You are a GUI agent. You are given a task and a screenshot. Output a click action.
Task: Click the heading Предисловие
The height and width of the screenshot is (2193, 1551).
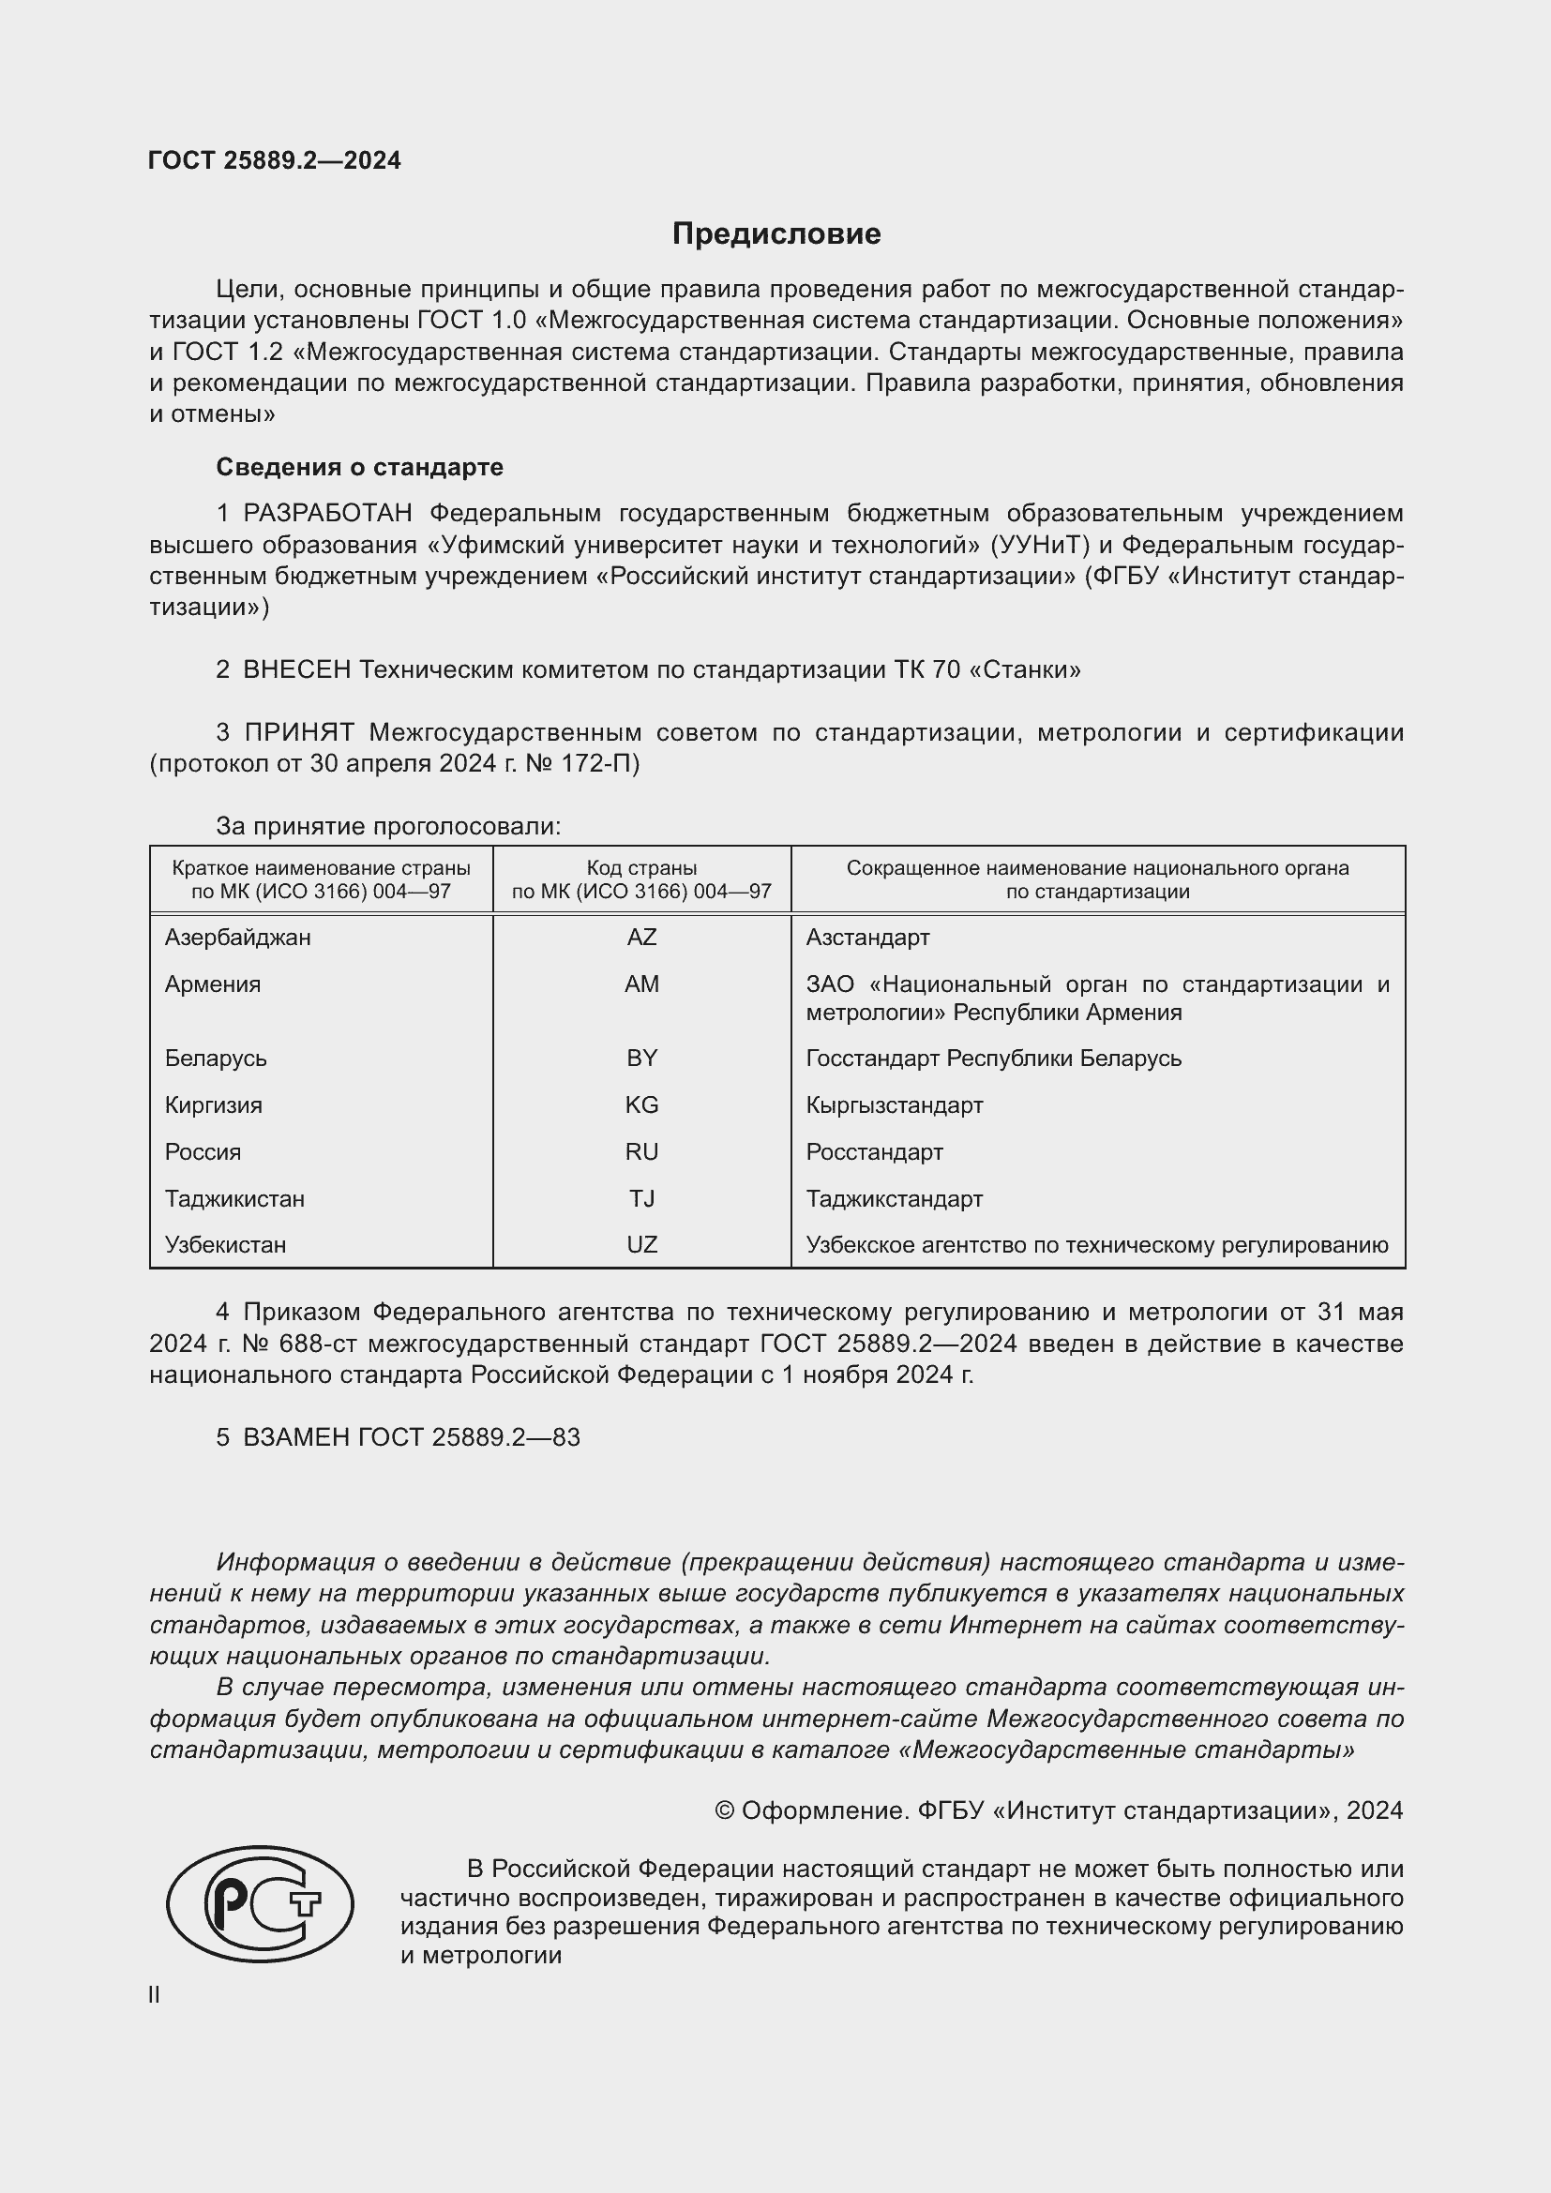click(775, 234)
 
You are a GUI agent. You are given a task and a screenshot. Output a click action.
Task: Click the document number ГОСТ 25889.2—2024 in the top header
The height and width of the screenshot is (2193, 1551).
click(274, 160)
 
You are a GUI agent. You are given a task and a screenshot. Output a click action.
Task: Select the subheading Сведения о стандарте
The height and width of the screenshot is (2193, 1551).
click(359, 467)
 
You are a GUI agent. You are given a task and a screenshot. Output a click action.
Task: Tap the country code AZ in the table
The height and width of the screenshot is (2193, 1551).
click(640, 937)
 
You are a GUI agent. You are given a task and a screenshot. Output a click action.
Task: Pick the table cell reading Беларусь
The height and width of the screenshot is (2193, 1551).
click(216, 1059)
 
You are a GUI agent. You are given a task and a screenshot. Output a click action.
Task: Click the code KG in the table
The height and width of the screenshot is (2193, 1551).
click(640, 1105)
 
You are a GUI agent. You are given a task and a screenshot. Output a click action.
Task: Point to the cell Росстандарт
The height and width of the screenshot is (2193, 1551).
click(874, 1152)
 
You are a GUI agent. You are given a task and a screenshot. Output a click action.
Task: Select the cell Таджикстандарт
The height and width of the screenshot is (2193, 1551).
click(894, 1199)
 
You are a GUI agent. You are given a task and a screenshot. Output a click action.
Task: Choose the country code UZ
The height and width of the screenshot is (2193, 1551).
click(640, 1244)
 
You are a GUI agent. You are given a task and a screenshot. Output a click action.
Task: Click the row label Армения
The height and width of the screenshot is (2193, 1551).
click(212, 984)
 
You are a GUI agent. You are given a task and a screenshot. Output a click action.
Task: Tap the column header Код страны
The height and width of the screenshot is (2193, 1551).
click(640, 868)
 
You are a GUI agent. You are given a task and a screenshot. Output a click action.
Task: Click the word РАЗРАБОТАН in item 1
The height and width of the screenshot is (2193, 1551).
click(327, 513)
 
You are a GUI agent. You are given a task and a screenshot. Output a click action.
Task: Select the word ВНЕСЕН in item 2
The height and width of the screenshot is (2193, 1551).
click(297, 669)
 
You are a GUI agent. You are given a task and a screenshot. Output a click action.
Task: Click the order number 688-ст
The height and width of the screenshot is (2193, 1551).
click(320, 1344)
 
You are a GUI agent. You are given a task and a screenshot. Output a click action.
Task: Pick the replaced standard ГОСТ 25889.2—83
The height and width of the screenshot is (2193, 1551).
click(468, 1437)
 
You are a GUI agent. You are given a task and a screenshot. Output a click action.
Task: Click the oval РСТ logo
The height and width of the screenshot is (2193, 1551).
click(260, 1904)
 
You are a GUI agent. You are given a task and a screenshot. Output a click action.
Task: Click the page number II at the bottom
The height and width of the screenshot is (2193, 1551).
click(154, 1995)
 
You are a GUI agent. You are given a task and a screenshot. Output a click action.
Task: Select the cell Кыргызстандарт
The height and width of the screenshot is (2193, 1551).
click(894, 1105)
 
